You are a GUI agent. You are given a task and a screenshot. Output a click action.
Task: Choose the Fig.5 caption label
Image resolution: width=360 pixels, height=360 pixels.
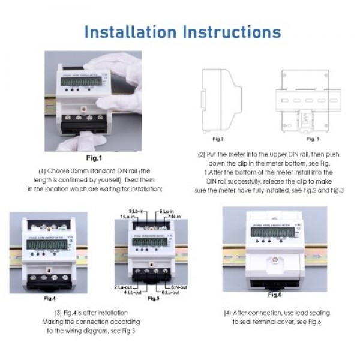[154, 298]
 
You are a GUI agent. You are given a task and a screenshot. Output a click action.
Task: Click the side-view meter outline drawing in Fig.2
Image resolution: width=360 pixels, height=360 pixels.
[218, 98]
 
